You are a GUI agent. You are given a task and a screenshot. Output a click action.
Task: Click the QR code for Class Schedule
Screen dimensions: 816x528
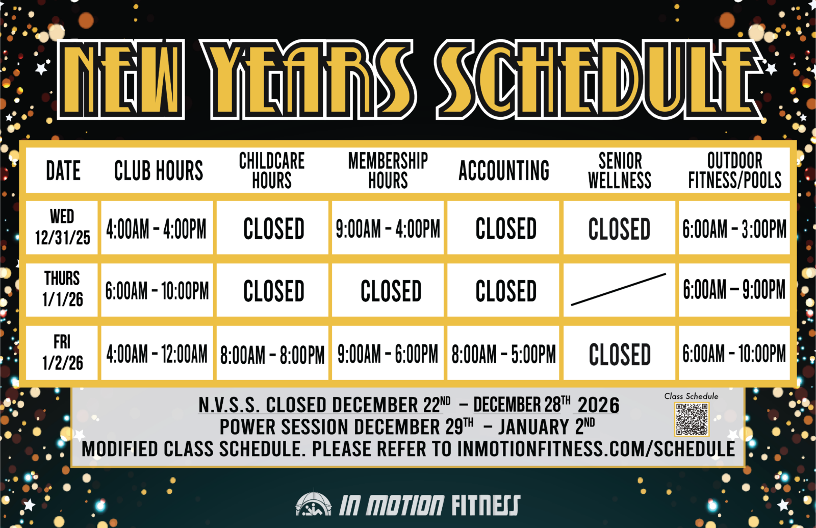click(x=692, y=419)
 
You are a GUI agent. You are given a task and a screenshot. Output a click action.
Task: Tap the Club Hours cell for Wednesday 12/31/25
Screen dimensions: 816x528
click(x=157, y=228)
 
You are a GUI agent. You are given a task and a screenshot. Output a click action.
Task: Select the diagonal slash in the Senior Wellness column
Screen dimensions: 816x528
click(x=619, y=289)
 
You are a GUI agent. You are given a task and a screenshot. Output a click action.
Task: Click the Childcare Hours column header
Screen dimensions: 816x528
click(x=272, y=170)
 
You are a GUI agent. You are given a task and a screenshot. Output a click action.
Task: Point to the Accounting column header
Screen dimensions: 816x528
click(x=504, y=170)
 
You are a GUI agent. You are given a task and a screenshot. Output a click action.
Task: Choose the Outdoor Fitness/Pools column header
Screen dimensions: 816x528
click(x=735, y=170)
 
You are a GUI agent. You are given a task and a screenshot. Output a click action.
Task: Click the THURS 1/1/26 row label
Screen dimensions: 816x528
click(x=62, y=289)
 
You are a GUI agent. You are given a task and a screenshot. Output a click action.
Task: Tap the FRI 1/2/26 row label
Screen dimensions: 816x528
click(x=62, y=353)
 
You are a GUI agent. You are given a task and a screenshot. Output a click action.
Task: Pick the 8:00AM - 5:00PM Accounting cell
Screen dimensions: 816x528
click(x=503, y=353)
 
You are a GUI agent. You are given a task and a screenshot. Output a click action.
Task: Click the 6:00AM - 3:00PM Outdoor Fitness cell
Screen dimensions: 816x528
click(x=734, y=228)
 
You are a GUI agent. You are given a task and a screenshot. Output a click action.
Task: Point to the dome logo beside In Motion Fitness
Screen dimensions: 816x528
click(x=314, y=502)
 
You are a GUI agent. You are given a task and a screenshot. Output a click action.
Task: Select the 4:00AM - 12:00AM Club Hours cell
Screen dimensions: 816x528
click(x=157, y=353)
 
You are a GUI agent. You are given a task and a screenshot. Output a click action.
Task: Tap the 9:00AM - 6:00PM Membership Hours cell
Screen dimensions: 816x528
click(x=388, y=353)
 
